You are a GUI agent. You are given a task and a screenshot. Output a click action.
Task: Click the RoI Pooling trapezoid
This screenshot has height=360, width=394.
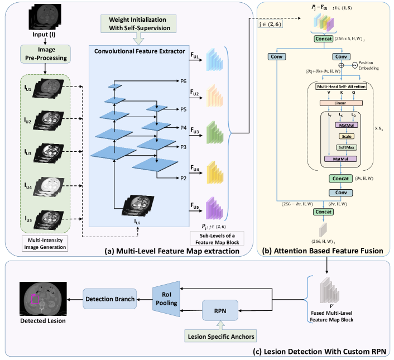(168, 299)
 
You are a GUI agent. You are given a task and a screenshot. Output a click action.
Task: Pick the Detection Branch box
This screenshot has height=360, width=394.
(109, 299)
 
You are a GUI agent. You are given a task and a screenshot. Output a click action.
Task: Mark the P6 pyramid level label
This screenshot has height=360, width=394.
(184, 81)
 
